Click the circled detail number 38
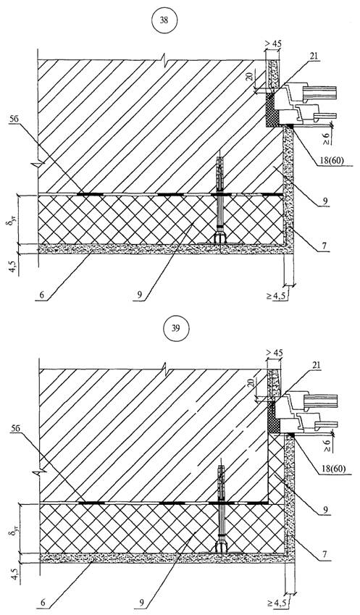point(164,20)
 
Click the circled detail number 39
point(175,328)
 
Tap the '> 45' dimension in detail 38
point(274,45)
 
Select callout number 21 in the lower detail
point(316,366)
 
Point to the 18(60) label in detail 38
point(330,162)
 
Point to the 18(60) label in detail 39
point(333,469)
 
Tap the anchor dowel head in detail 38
point(220,238)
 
